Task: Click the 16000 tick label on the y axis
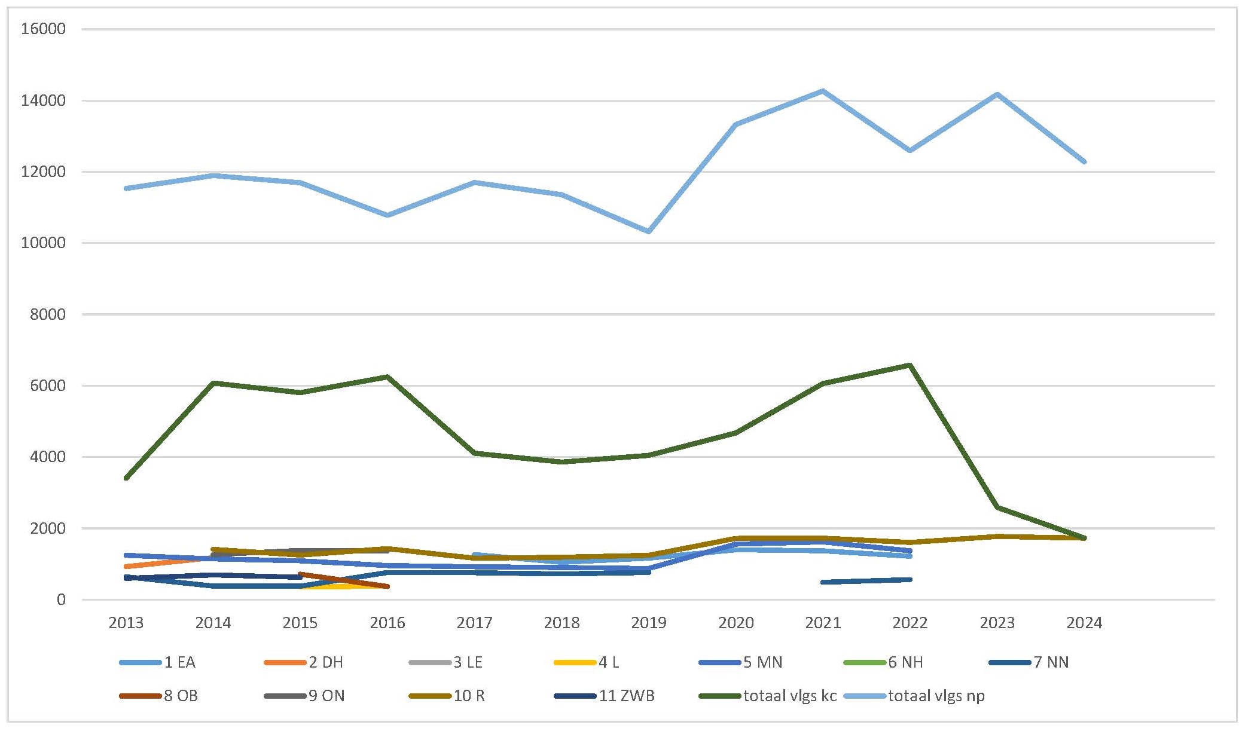(43, 29)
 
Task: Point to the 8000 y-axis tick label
(47, 314)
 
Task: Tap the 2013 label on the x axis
(126, 623)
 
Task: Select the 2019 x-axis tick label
(649, 623)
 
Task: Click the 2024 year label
(1084, 623)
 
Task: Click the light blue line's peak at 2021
(823, 91)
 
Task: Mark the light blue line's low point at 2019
(649, 231)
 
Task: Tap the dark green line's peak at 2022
(910, 365)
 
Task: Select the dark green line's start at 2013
(126, 478)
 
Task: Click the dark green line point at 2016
(387, 377)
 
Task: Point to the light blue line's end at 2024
(1084, 161)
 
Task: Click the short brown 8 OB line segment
(344, 580)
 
